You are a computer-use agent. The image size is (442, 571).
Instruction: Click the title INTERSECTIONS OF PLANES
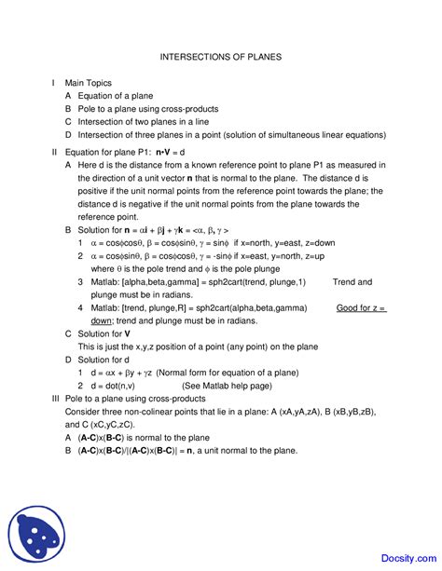click(221, 57)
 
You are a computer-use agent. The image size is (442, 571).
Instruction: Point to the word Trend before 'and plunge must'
click(352, 281)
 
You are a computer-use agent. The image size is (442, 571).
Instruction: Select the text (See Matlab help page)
click(227, 385)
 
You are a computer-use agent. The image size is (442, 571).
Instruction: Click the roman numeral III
click(55, 398)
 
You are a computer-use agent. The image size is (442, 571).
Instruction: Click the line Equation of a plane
click(116, 96)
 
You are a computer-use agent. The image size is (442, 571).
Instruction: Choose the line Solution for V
click(104, 333)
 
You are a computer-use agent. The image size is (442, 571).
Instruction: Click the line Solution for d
click(103, 359)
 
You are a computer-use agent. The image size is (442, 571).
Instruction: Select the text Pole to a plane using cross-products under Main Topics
click(153, 109)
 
